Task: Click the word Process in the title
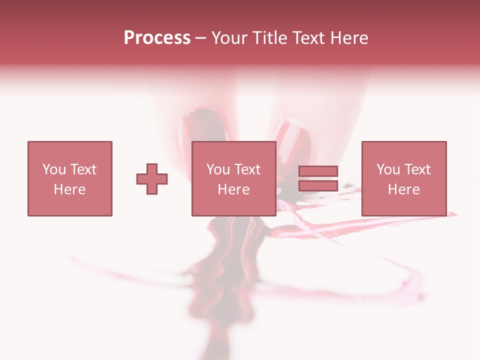tap(157, 38)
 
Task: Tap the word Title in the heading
tap(270, 38)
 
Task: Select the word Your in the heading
tap(229, 38)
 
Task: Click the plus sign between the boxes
tap(152, 178)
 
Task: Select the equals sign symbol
tap(318, 178)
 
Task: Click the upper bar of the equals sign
tap(318, 171)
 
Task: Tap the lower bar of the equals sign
tap(318, 185)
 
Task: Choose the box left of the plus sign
tap(69, 178)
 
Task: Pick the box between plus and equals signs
tap(233, 178)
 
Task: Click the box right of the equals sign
tap(403, 178)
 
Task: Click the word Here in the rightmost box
tap(403, 189)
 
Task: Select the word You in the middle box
tap(218, 169)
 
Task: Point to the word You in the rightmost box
tap(388, 169)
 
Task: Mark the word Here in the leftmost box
tap(69, 189)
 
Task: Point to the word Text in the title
tap(308, 38)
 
